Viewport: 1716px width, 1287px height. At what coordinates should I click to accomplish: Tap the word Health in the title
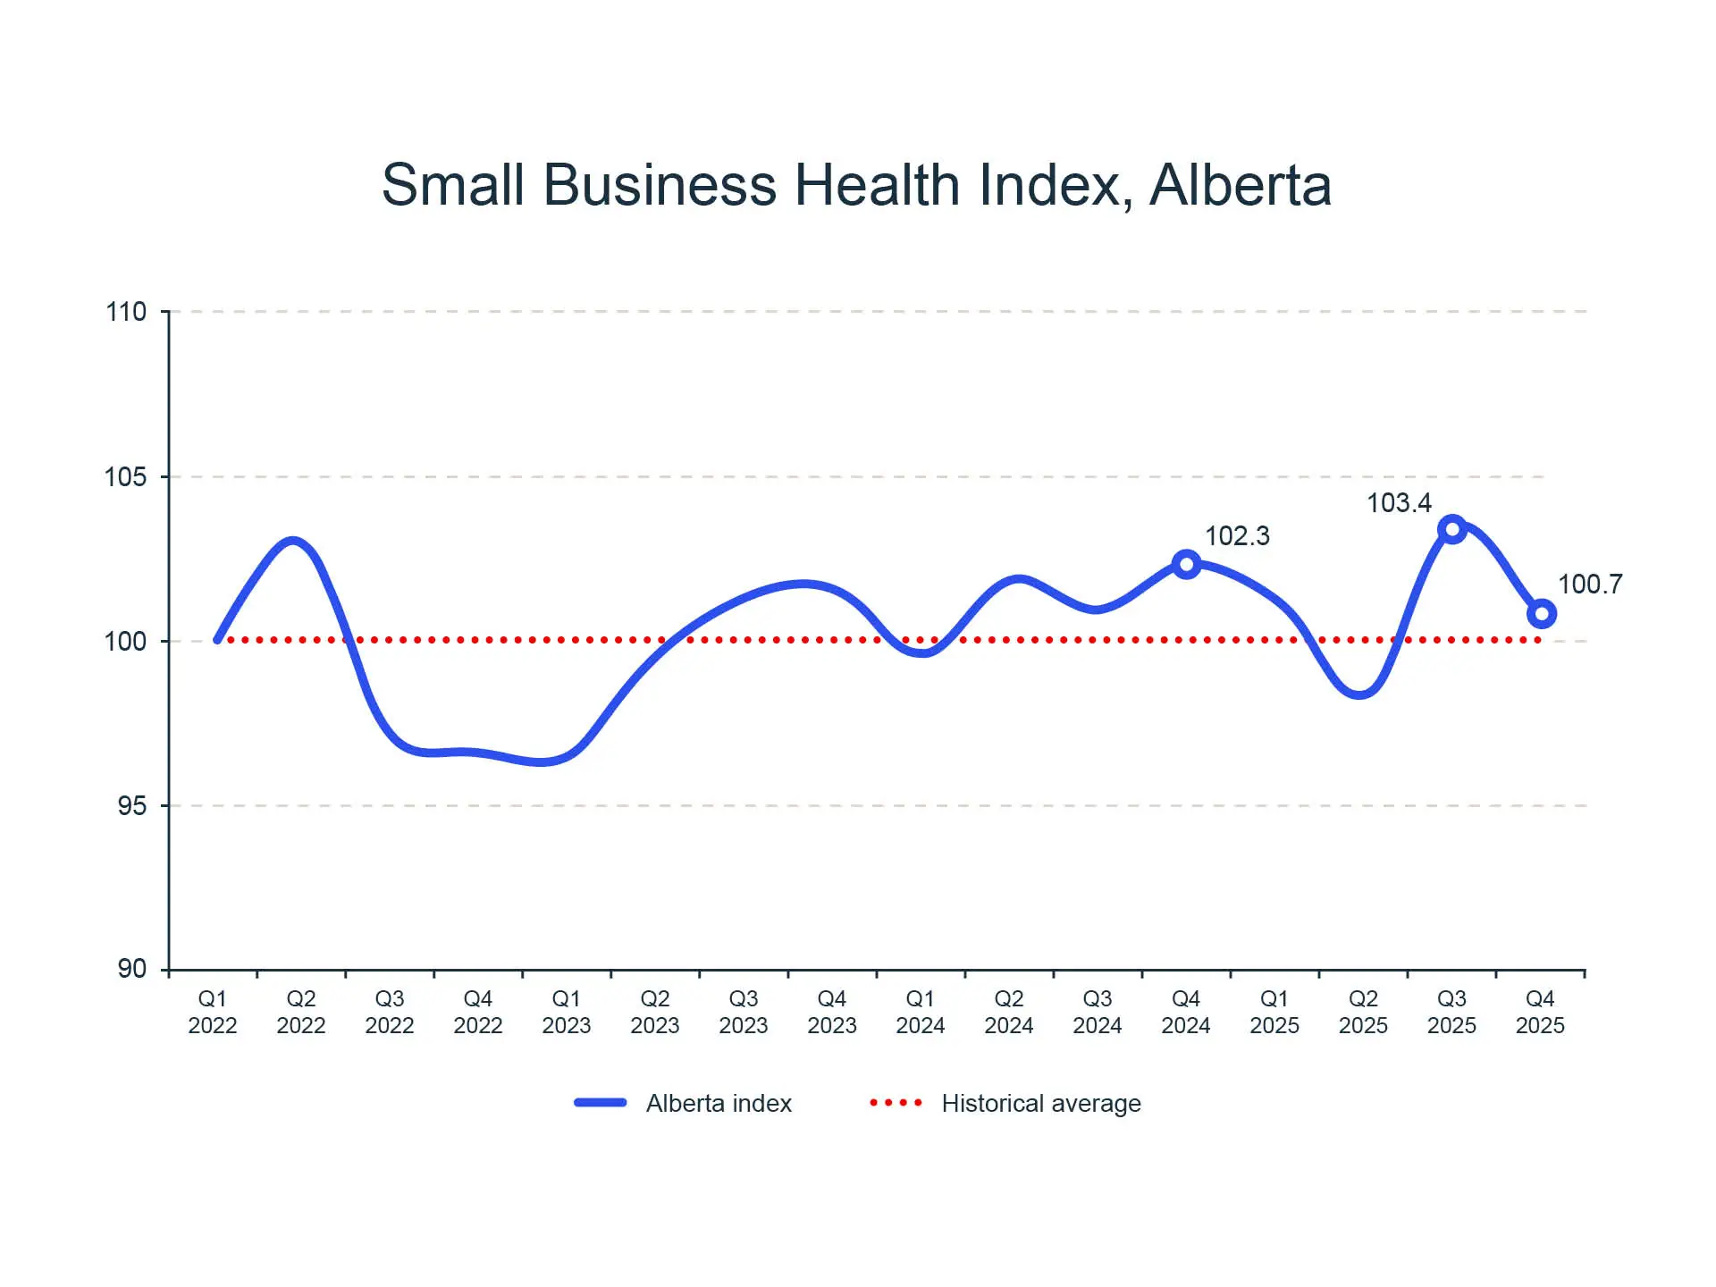[877, 185]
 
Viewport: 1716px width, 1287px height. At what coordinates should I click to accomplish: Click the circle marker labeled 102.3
[1186, 564]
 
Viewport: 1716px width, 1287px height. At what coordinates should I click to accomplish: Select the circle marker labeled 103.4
[1452, 529]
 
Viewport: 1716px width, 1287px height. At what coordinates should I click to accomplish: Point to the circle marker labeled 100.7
[1542, 614]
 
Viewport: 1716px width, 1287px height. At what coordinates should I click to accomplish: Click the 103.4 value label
[1399, 503]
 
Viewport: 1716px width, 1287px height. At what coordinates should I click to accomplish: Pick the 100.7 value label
[1590, 585]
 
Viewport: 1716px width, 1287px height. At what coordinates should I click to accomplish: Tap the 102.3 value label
[1237, 536]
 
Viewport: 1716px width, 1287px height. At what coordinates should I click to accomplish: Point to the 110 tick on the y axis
[126, 312]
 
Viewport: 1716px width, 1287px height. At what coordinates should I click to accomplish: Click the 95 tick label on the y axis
[131, 806]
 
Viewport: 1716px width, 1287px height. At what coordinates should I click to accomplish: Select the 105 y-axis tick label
[126, 477]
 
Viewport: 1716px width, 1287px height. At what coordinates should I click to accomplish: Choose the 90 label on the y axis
[131, 969]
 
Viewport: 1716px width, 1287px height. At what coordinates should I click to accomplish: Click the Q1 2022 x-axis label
[213, 1012]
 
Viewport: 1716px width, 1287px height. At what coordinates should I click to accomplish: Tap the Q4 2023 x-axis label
[832, 1012]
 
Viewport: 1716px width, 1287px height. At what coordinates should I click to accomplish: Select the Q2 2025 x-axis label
[1363, 1012]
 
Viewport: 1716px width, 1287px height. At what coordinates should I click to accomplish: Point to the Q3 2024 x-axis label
[1098, 1012]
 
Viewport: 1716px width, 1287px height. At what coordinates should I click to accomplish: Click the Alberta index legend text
[719, 1104]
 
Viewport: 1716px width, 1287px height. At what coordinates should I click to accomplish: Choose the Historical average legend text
[1041, 1104]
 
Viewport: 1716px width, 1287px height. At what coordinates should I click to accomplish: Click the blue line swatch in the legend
[601, 1103]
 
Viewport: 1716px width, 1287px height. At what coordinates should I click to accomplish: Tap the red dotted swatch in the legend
[896, 1103]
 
